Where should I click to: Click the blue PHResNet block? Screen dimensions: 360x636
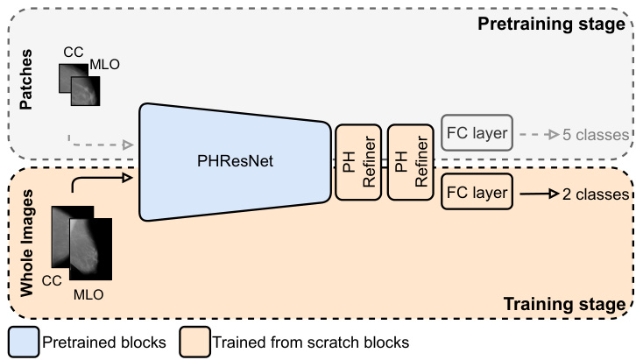(x=232, y=162)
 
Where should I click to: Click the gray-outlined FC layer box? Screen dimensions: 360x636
(x=477, y=134)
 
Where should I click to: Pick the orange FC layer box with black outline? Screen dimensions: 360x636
(x=477, y=192)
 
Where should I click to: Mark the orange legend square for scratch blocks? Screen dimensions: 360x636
(x=193, y=340)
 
